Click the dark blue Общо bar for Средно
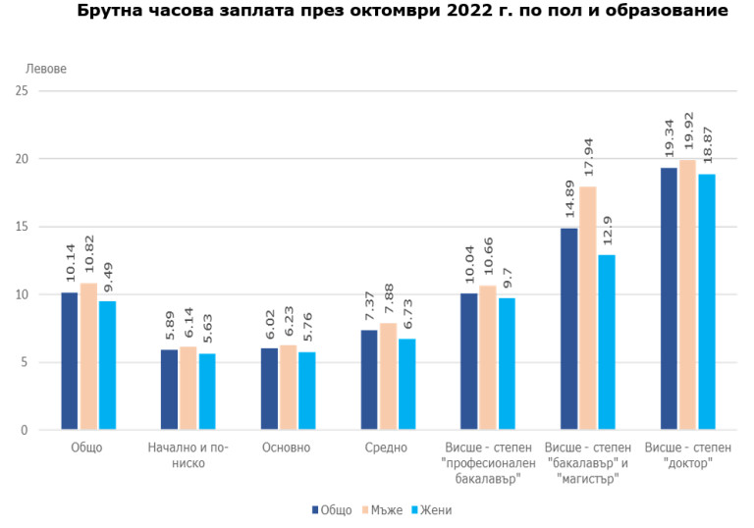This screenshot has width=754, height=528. [369, 380]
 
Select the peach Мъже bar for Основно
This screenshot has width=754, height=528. [288, 388]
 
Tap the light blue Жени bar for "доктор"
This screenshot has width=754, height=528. [706, 301]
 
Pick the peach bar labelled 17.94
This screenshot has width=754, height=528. [588, 308]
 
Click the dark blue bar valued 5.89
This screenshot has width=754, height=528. [169, 390]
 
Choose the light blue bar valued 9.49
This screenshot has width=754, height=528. [108, 365]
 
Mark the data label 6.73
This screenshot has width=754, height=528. [407, 315]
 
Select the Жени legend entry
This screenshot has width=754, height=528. [431, 510]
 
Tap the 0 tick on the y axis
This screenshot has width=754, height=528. [24, 430]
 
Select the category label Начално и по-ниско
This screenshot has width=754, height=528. [188, 455]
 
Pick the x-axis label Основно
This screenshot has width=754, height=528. [287, 448]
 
